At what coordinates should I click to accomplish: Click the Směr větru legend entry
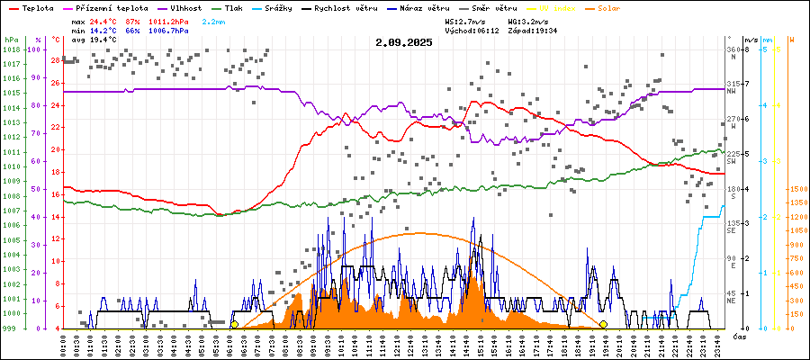490,7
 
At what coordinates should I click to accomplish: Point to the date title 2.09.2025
404,42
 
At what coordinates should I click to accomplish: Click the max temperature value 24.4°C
104,20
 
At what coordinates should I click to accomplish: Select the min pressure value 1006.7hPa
167,30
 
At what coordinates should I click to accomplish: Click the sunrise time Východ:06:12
471,30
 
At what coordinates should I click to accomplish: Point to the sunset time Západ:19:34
533,30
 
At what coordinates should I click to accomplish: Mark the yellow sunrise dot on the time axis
235,324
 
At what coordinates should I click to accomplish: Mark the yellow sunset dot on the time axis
603,324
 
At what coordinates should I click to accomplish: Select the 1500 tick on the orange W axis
797,189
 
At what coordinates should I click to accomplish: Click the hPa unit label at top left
11,40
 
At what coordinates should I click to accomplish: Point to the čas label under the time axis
738,336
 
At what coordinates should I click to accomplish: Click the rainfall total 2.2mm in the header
213,20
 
